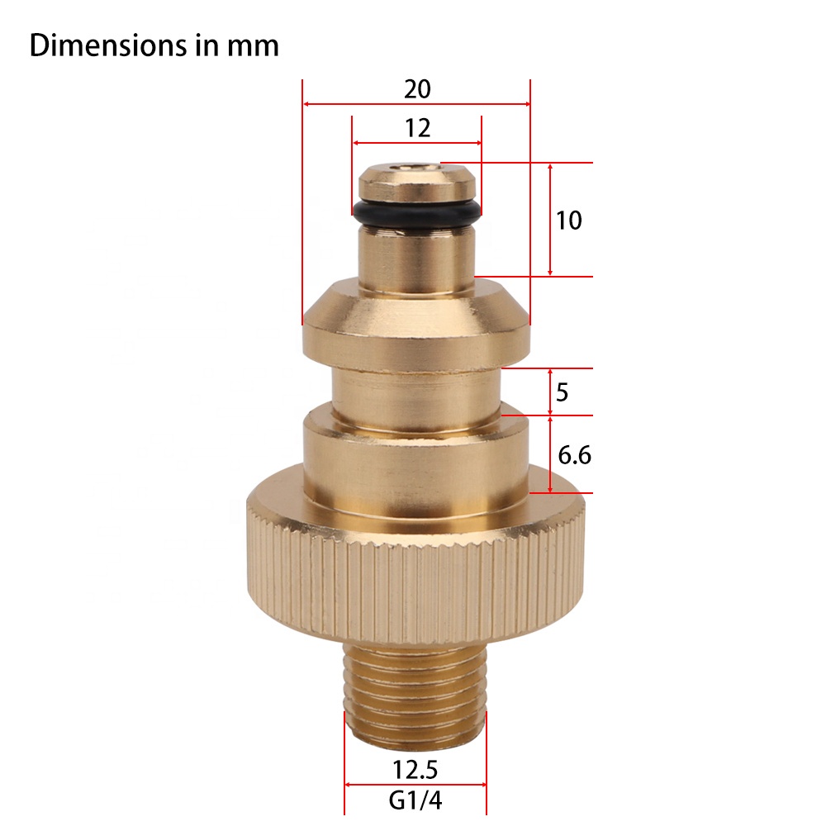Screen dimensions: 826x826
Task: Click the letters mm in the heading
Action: (253, 46)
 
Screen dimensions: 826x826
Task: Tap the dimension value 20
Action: (417, 89)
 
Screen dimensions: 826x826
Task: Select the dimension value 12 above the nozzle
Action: (417, 128)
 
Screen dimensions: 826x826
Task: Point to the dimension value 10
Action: (569, 221)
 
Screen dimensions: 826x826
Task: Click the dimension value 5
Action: (562, 392)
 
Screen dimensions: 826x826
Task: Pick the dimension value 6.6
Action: (574, 454)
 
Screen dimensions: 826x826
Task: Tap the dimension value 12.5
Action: (415, 770)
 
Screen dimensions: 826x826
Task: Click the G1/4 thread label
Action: (415, 800)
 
